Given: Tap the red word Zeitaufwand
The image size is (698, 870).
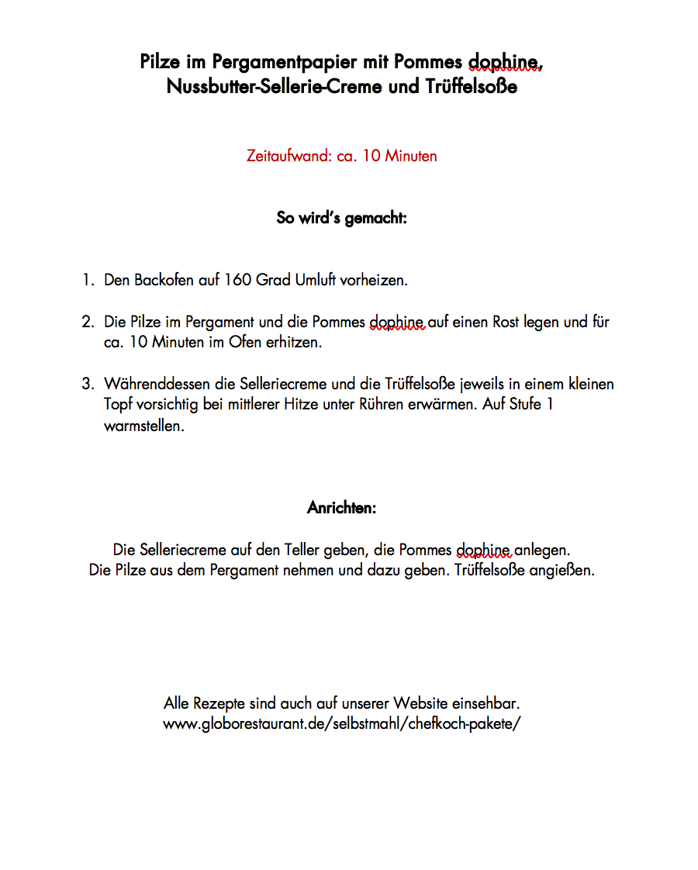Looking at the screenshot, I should tap(289, 156).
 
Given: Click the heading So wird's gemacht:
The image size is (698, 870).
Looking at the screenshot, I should tap(341, 218).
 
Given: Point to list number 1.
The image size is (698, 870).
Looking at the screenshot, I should tap(87, 280).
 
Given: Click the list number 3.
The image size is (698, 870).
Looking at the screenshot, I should tap(87, 384).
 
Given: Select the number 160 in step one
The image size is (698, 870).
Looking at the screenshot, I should tap(237, 280).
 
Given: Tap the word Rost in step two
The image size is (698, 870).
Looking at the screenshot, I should tap(506, 322).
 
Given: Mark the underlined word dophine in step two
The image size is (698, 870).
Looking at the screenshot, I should tap(396, 322).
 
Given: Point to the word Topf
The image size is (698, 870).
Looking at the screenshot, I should tap(119, 405).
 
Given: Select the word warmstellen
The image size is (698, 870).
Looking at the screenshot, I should tap(143, 426).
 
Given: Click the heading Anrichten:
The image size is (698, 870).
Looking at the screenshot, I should tap(341, 508).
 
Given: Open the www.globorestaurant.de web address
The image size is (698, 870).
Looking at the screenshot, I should tap(341, 724).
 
